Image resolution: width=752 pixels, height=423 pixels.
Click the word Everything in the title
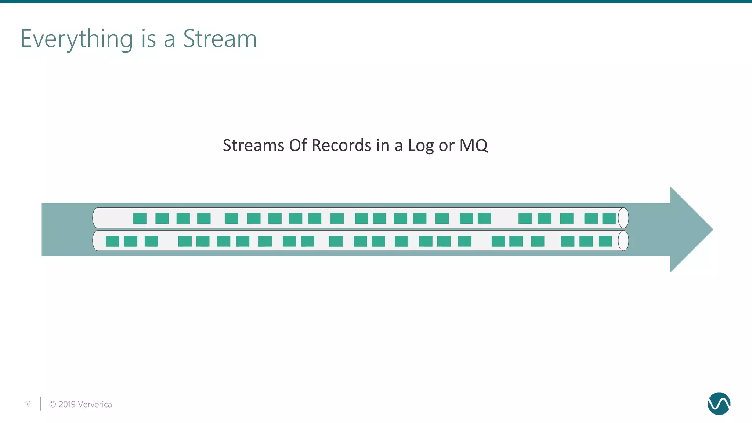click(77, 39)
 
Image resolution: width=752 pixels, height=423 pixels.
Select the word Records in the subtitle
click(341, 145)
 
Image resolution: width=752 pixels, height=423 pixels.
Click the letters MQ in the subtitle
click(473, 145)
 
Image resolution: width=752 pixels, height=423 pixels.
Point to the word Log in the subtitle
click(421, 146)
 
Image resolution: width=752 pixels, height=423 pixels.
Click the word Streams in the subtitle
click(253, 145)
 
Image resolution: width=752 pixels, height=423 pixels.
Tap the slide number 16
click(28, 404)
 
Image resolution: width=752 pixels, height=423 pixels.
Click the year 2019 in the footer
click(67, 404)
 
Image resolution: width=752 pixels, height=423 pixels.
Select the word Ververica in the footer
click(95, 404)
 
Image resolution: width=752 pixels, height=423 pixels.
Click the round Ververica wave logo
click(719, 404)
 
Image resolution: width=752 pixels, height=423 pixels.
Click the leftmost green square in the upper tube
click(140, 218)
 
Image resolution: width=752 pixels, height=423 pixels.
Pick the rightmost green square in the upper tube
click(609, 218)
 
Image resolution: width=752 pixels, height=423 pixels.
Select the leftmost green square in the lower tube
click(112, 241)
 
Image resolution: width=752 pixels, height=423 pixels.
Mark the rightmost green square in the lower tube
click(605, 241)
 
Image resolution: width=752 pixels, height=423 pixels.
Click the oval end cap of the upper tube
click(623, 218)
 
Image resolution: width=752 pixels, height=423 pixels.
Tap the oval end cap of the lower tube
click(623, 241)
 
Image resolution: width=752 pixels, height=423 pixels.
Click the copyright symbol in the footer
click(53, 404)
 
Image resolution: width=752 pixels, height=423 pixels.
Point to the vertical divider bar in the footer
click(40, 404)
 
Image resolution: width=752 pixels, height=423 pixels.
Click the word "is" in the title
click(148, 38)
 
